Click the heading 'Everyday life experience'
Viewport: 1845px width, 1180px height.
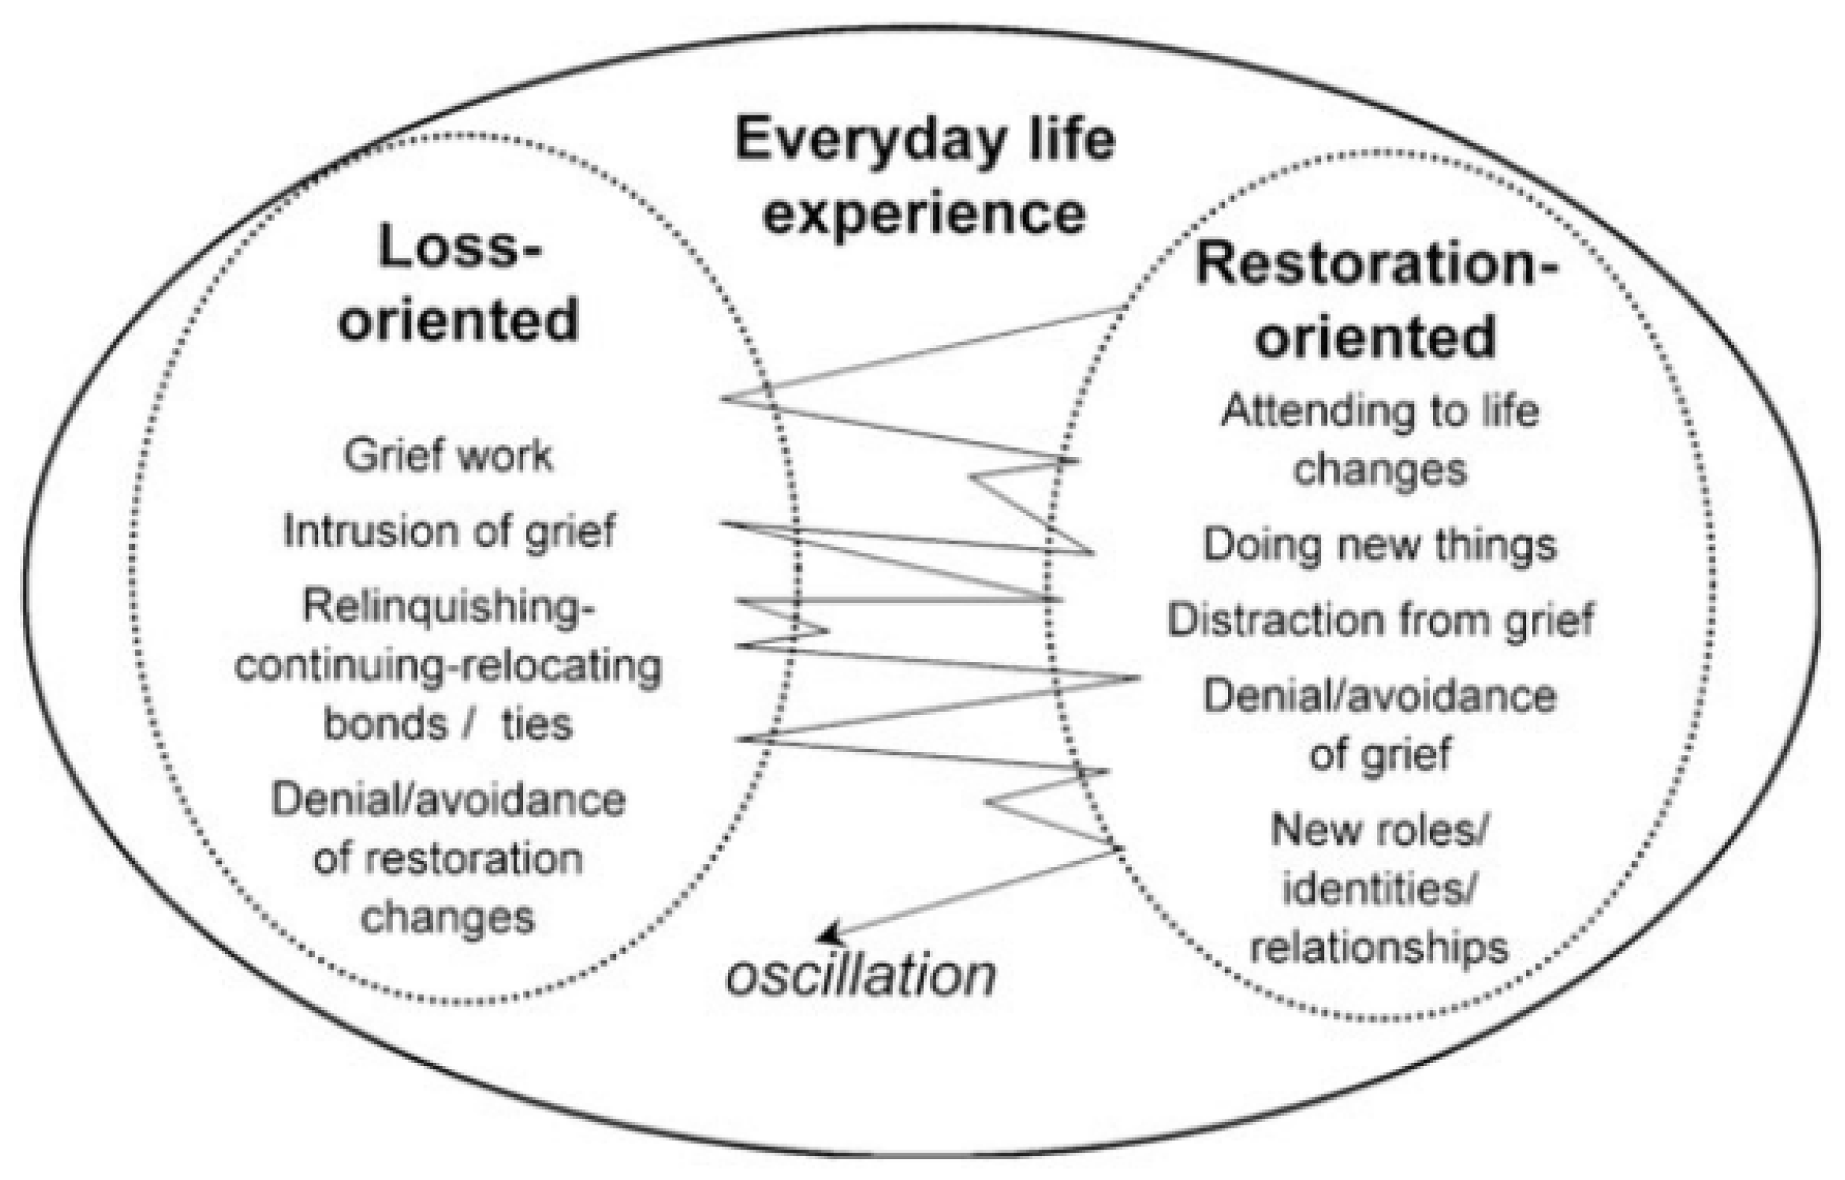click(924, 176)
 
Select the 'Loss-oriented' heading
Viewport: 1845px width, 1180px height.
click(458, 283)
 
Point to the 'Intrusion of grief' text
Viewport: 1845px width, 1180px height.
click(449, 530)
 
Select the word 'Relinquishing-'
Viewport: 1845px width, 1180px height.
click(449, 607)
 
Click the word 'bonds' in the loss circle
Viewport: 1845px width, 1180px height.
click(384, 723)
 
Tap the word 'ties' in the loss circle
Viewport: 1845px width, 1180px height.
click(537, 723)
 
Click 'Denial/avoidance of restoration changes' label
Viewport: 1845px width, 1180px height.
click(449, 858)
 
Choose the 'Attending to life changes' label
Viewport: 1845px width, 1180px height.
click(1379, 440)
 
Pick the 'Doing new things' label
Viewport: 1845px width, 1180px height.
click(1379, 546)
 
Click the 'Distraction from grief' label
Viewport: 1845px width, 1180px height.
click(1380, 619)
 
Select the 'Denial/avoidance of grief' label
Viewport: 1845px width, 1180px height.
click(1379, 725)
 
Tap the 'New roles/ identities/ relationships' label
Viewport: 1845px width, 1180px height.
click(1379, 889)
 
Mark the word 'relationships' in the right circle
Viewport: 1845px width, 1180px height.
click(1379, 949)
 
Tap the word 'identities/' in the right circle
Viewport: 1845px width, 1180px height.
click(1379, 889)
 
